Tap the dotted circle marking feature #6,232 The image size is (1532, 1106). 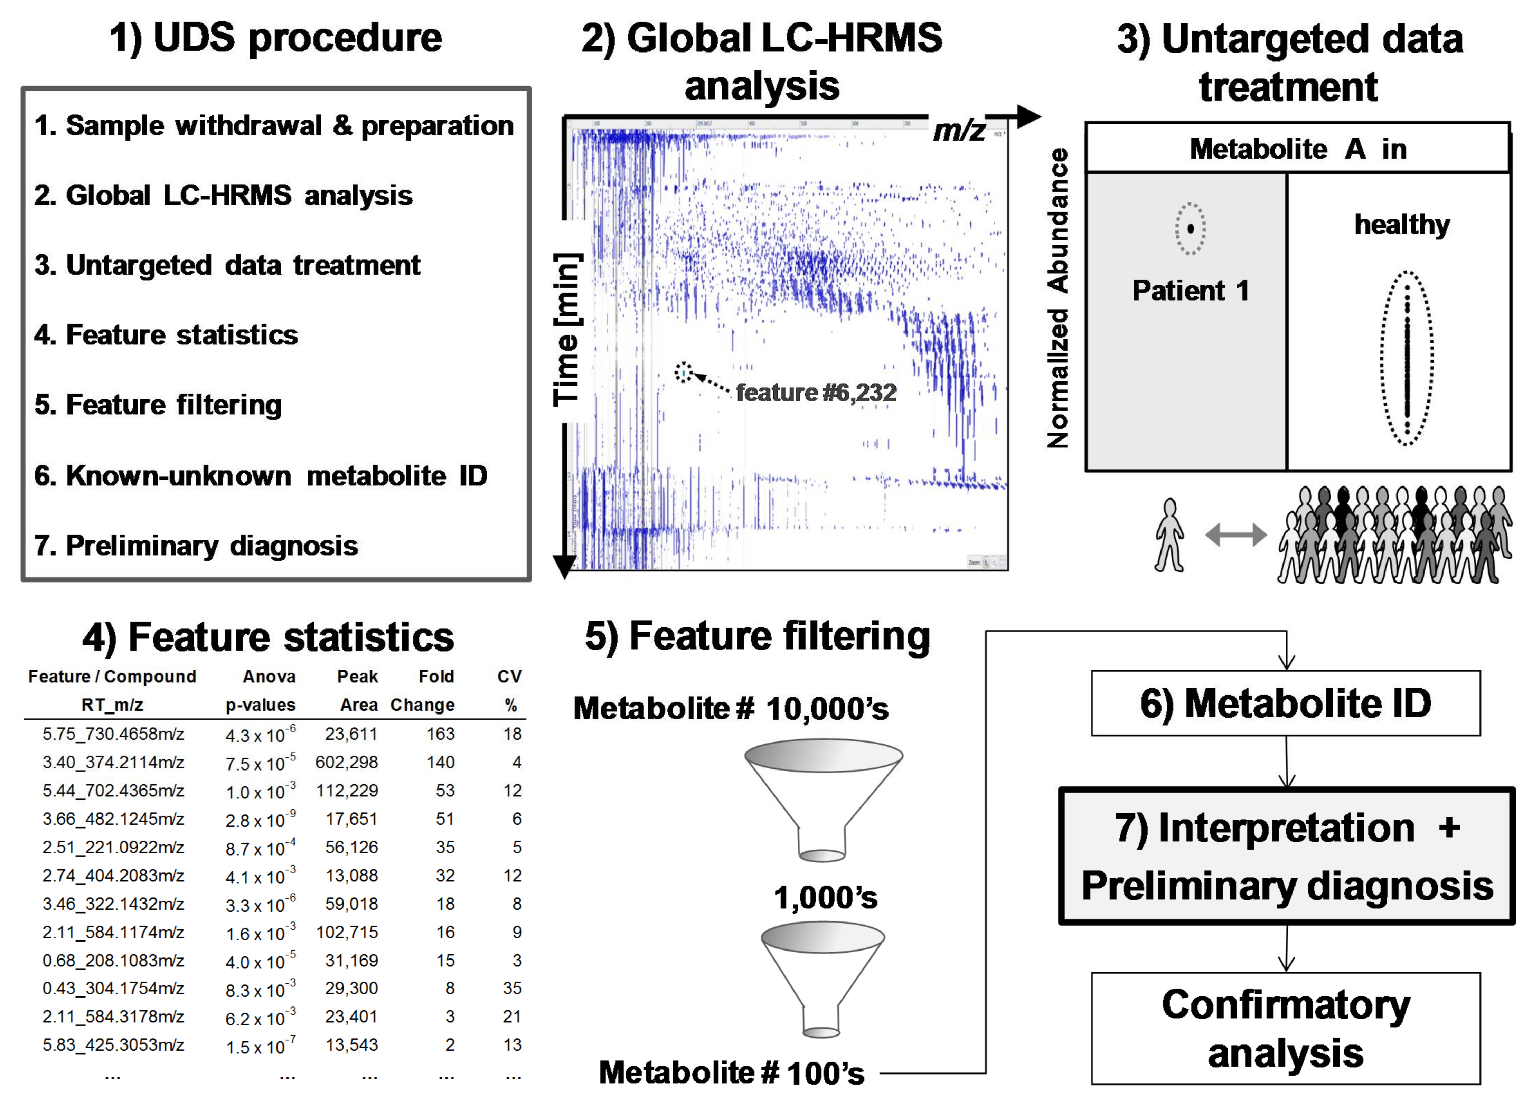(684, 372)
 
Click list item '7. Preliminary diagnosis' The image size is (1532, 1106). (196, 546)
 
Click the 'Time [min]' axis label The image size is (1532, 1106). (567, 330)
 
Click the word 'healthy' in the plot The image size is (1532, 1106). (1402, 224)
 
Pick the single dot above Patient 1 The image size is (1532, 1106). (1190, 229)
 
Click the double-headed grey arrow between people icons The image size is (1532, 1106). (1235, 535)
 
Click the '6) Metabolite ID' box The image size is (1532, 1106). (1286, 703)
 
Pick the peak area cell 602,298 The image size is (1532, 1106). (347, 762)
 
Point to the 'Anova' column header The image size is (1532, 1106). (269, 677)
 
